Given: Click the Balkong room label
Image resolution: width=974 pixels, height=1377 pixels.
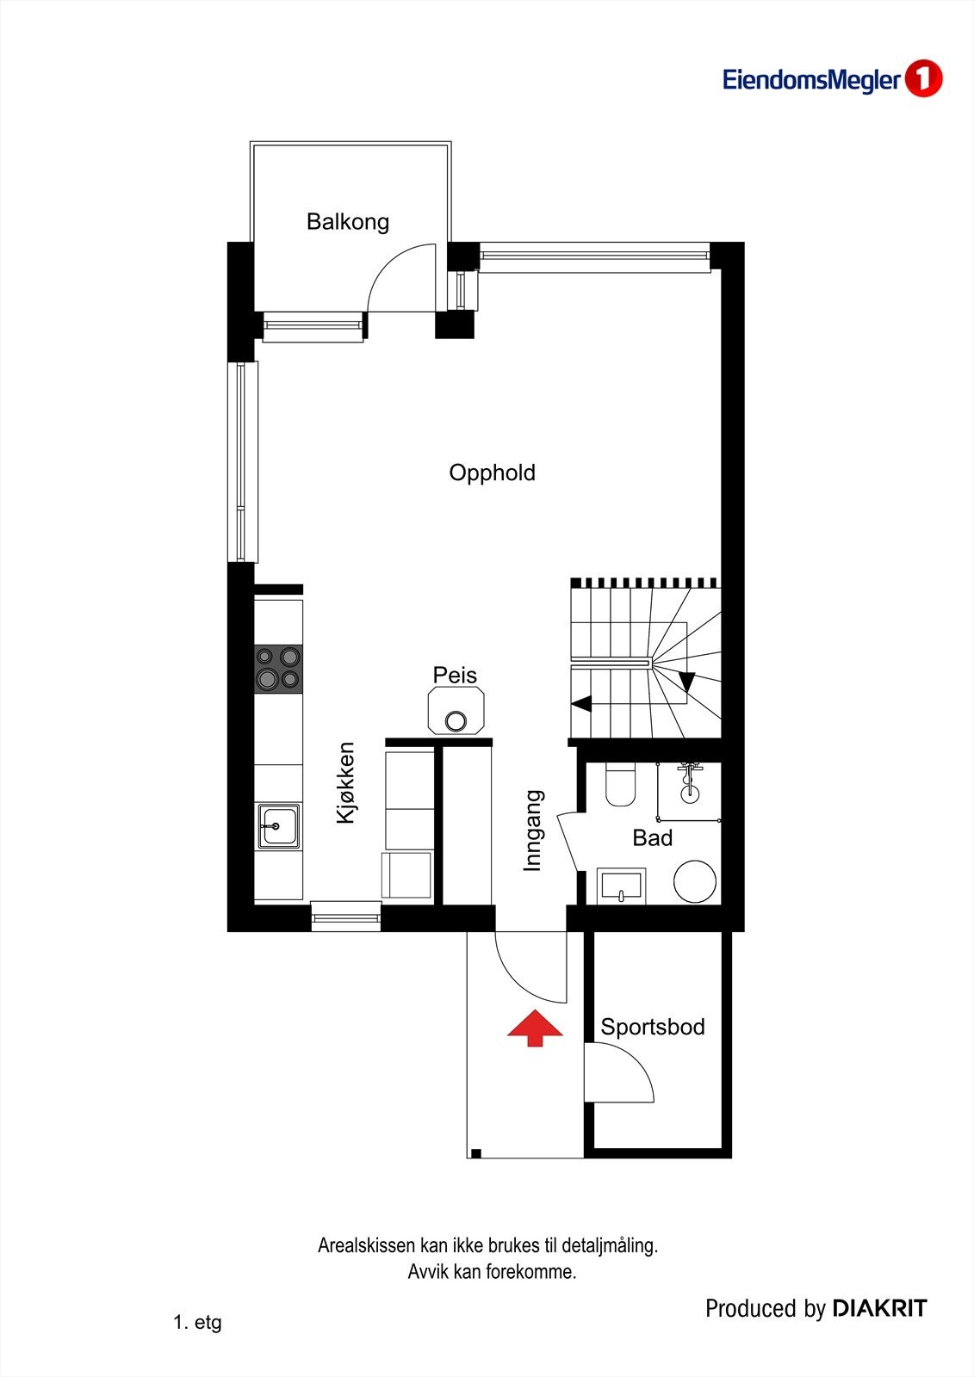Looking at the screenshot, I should click(348, 222).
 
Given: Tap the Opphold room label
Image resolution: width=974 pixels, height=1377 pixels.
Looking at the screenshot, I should click(492, 472).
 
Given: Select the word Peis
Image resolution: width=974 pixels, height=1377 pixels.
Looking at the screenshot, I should click(455, 675).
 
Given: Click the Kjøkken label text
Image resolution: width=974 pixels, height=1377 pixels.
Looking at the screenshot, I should click(345, 783).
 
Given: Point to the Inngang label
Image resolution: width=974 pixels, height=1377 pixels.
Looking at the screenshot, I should click(534, 831).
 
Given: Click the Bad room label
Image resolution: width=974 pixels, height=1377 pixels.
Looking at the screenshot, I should click(652, 837).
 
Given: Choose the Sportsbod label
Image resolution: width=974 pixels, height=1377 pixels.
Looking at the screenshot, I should click(652, 1027).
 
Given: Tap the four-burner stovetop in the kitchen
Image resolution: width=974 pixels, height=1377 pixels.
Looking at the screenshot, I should click(278, 669).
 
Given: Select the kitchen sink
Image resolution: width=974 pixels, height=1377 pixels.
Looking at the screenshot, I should click(277, 826).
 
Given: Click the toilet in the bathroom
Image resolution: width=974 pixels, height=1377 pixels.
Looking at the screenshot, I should click(620, 783).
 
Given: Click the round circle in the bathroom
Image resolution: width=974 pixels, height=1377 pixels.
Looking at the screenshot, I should click(695, 881).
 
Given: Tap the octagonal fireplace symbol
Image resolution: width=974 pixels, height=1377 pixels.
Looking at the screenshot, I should click(456, 711).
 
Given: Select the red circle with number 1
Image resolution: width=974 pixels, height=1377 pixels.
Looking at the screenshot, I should click(923, 79).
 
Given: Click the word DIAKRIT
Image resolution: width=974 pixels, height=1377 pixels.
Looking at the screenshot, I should click(879, 1309).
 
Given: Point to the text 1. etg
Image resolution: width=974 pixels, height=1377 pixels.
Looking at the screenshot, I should click(197, 1322).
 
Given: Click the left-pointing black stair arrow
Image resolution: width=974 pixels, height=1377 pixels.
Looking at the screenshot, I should click(582, 703).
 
